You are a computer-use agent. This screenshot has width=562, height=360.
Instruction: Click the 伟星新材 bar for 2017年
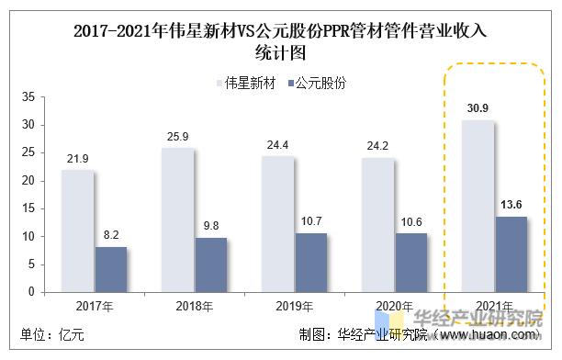click(x=77, y=231)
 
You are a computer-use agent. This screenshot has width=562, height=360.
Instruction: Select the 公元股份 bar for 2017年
click(x=110, y=269)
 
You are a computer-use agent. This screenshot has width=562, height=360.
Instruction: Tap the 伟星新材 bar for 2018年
click(x=177, y=219)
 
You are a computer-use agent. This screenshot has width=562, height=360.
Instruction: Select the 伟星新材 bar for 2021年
click(x=478, y=206)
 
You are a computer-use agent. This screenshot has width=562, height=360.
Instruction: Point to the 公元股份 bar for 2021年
click(x=511, y=253)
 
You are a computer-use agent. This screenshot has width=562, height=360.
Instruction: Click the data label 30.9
click(x=477, y=109)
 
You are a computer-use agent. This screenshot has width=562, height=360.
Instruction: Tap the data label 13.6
click(x=511, y=206)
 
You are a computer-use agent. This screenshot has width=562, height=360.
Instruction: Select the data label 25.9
click(x=178, y=137)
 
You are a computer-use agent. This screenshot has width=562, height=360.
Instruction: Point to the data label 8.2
click(x=110, y=236)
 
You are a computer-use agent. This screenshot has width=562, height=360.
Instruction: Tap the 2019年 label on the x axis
click(x=295, y=305)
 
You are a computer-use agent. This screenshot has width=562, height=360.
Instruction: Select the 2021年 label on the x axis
click(x=495, y=305)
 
